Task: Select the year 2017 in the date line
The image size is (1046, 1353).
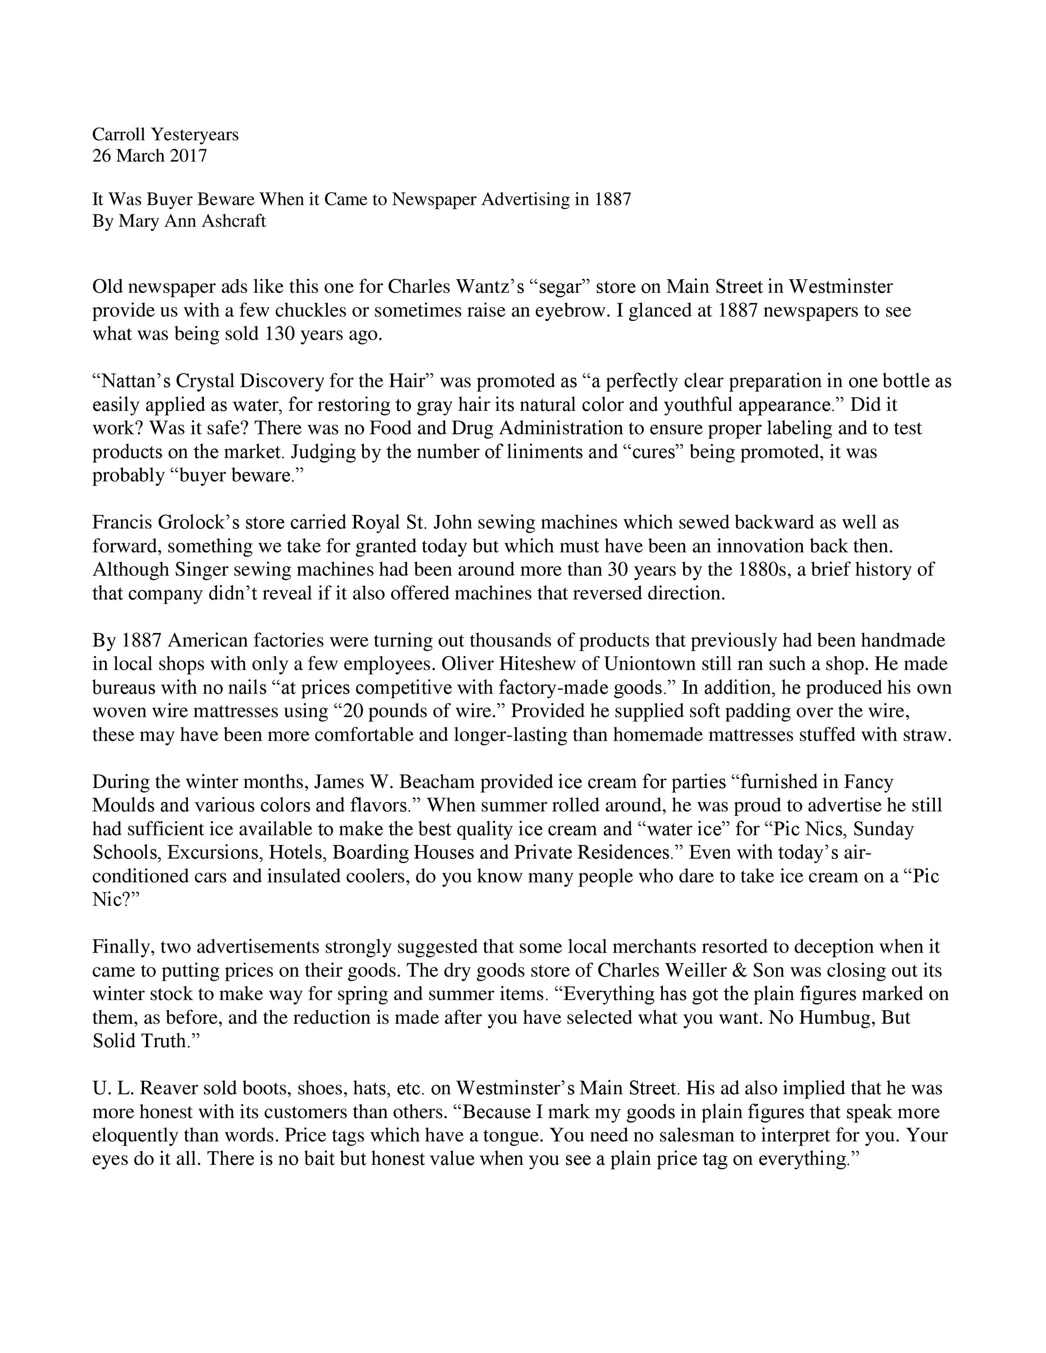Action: tap(187, 156)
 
